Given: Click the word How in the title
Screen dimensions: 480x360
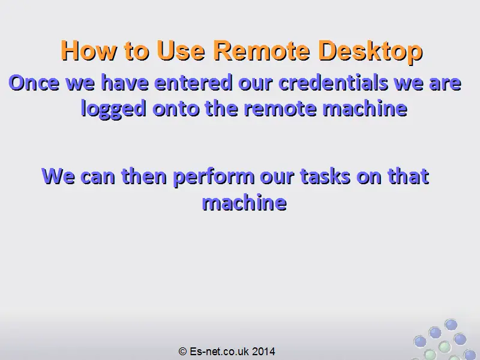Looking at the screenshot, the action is (89, 50).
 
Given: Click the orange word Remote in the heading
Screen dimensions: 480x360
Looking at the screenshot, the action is (262, 50).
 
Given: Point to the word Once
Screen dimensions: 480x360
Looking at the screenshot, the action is (34, 83).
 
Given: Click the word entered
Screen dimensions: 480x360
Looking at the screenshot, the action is (193, 83).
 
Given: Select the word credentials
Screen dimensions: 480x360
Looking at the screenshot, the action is (333, 83).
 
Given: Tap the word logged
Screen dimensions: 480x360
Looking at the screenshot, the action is (113, 109).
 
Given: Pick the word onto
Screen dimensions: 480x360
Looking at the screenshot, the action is (176, 109).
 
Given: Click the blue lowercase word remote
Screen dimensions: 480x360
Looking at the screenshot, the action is (280, 109).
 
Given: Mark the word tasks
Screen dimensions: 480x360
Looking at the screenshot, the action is (325, 176).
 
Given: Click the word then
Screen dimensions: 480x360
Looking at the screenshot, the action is (144, 176).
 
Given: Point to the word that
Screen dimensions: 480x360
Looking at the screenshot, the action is (408, 176).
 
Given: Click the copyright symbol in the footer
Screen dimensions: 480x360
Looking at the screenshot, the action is (182, 351).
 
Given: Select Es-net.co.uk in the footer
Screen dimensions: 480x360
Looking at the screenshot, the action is (219, 351).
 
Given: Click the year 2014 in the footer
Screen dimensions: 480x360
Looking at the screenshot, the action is (263, 351).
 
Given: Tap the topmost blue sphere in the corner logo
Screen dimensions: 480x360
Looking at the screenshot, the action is (451, 325).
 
